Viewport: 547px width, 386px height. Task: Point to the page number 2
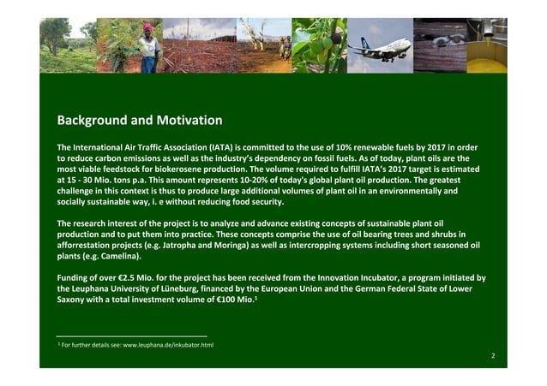click(493, 353)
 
